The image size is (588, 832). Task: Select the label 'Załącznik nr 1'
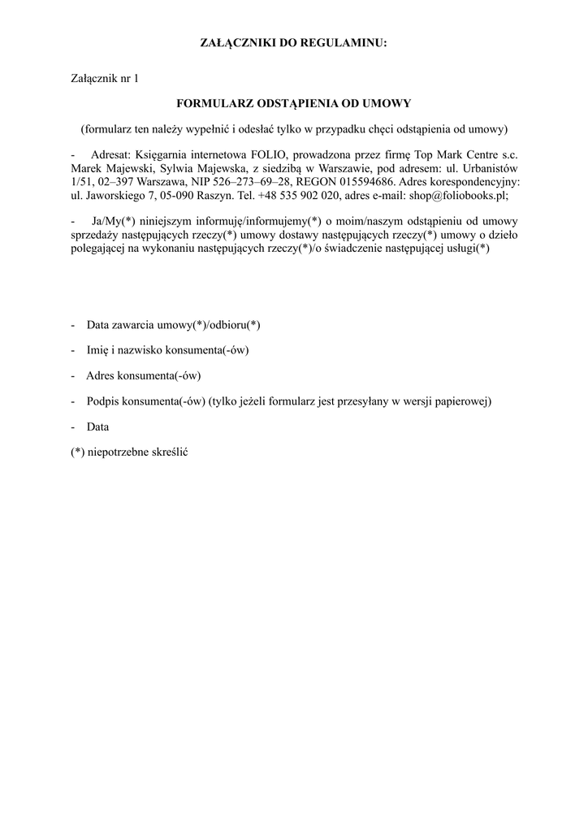(105, 79)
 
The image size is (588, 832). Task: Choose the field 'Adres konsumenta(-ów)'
(143, 376)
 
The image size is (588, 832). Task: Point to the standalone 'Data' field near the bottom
(97, 427)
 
